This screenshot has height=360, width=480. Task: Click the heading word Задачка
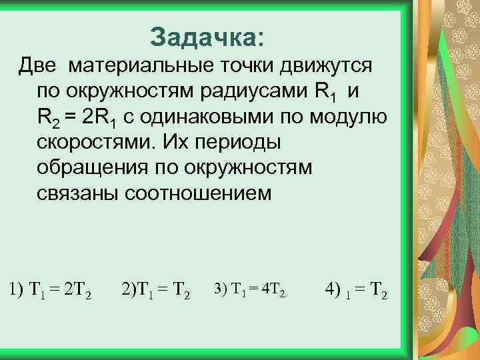click(x=207, y=37)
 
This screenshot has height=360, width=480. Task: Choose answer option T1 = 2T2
click(x=51, y=290)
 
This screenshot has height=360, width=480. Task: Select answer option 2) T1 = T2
click(x=157, y=290)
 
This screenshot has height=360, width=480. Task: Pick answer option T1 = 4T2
click(x=250, y=290)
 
